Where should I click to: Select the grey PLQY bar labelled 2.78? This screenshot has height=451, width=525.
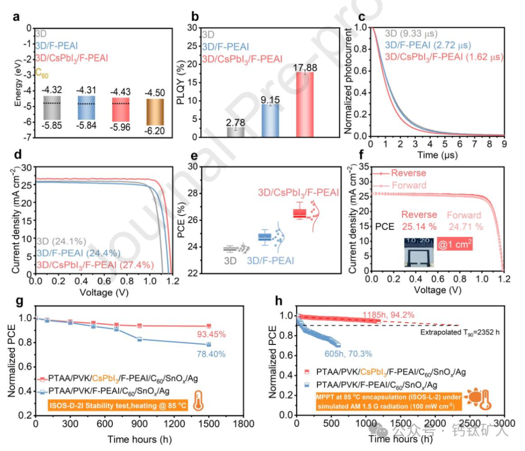click(236, 132)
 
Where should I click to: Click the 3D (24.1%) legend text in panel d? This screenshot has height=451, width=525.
click(61, 241)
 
